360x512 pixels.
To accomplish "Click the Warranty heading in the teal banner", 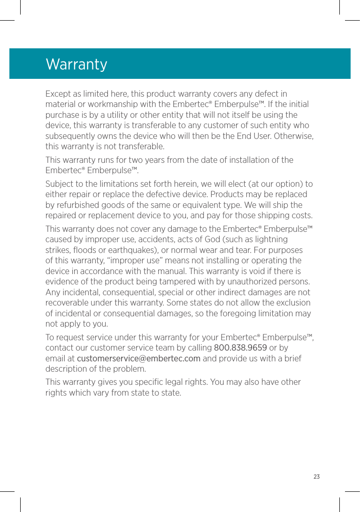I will point(77,64).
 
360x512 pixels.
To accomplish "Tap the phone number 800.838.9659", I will point(240,348).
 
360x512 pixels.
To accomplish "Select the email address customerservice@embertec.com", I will point(138,359).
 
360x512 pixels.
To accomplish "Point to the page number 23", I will point(316,477).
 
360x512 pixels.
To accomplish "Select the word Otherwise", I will point(294,136).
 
